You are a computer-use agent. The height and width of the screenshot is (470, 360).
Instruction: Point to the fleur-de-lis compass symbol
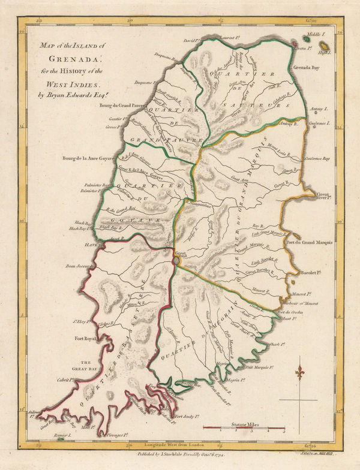point(300,373)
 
